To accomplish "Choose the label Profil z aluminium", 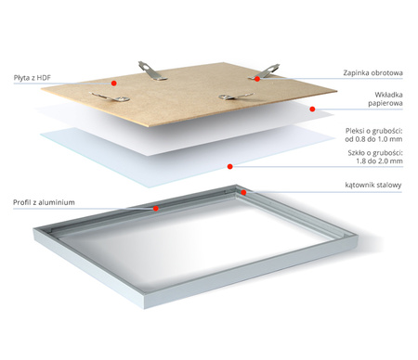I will point(44,202).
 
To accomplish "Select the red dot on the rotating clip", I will point(257,80).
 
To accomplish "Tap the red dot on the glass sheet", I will point(229,168).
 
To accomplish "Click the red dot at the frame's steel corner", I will point(244,192).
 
